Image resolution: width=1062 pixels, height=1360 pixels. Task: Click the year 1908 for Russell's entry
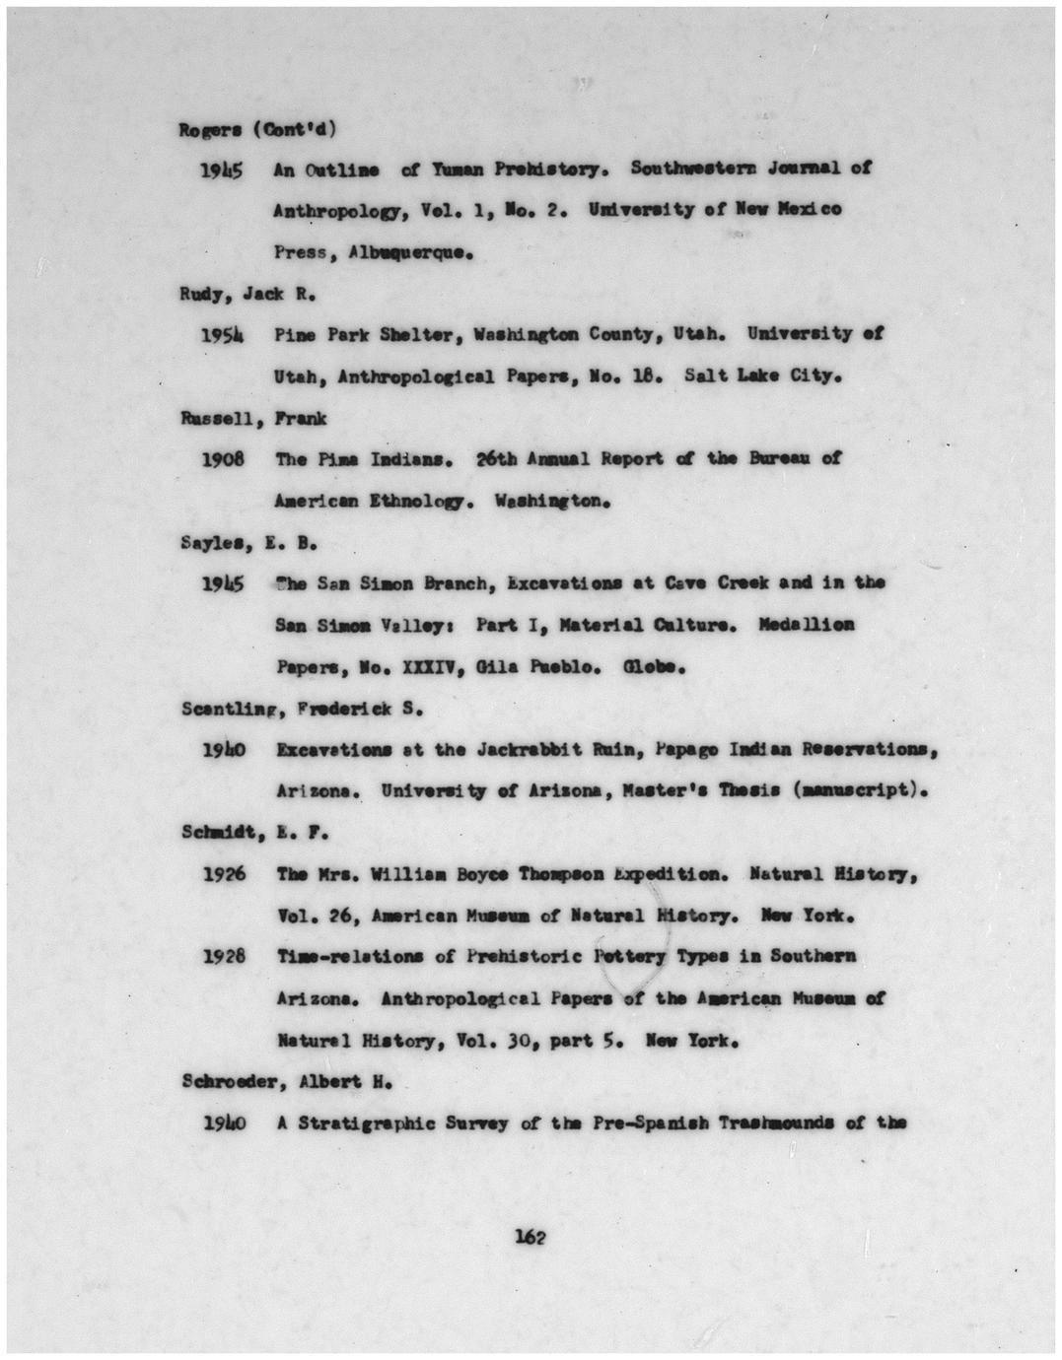click(223, 459)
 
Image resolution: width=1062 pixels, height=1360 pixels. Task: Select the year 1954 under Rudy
click(223, 334)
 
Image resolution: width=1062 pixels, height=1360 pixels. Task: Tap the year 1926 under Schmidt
click(223, 874)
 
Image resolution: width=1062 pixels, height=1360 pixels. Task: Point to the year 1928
click(223, 957)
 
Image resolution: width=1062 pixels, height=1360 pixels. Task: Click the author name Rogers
click(204, 129)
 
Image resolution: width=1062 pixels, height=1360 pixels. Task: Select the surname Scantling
click(220, 709)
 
